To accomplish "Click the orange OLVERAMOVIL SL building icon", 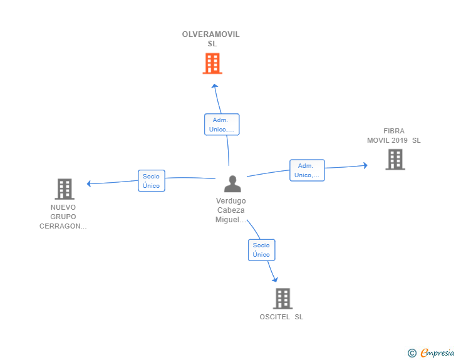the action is (212, 63).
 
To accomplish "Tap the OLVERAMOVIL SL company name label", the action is (211, 39).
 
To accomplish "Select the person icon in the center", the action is (232, 184).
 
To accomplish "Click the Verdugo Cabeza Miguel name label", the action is (231, 210).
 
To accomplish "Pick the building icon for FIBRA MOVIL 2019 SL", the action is (395, 160).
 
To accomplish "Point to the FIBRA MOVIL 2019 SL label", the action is (394, 136).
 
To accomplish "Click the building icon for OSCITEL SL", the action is (282, 299).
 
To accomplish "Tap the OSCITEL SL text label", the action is (281, 317).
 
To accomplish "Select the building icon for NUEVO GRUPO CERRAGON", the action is (65, 189).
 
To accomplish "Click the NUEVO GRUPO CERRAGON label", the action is (63, 217).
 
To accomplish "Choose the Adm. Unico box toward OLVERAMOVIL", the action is (222, 125).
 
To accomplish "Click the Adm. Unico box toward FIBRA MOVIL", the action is (307, 170).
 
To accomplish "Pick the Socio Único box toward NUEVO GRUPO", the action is (151, 180).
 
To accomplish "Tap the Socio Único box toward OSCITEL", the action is (261, 250).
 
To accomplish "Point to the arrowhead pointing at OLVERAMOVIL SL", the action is (215, 86).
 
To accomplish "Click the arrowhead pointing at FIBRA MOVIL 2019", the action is (365, 165).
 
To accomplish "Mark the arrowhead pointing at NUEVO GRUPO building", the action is (89, 183).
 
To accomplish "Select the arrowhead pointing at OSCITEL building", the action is (275, 279).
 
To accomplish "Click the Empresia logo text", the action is (437, 353).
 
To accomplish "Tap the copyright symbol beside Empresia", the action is (412, 353).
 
